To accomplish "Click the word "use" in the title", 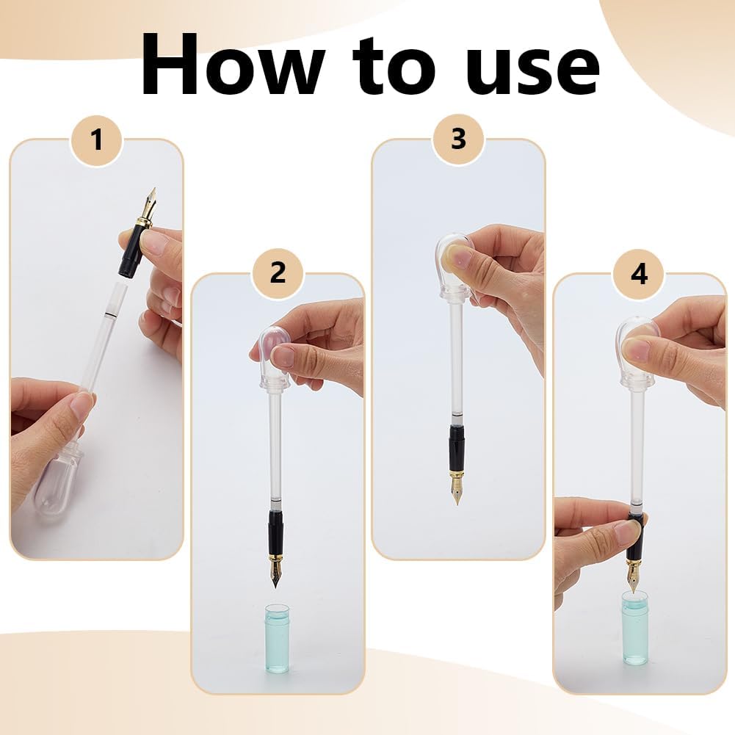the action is [532, 71].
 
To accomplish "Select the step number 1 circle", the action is [97, 140].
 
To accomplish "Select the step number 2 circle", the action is [278, 272].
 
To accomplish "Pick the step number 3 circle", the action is [458, 140].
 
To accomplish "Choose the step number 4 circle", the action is [639, 273].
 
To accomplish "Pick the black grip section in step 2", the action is [275, 533].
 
